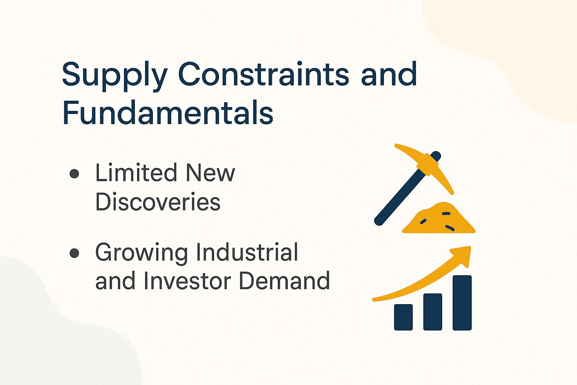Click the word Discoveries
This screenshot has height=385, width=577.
pyautogui.click(x=158, y=202)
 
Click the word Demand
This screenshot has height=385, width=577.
pyautogui.click(x=284, y=281)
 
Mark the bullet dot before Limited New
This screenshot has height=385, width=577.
pyautogui.click(x=74, y=173)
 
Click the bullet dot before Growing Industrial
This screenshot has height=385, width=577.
pyautogui.click(x=74, y=253)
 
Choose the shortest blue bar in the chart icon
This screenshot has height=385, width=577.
pyautogui.click(x=403, y=317)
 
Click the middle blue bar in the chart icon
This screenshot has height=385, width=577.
pyautogui.click(x=433, y=312)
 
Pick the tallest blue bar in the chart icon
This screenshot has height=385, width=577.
pyautogui.click(x=462, y=303)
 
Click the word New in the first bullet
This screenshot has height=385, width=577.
pyautogui.click(x=210, y=173)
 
